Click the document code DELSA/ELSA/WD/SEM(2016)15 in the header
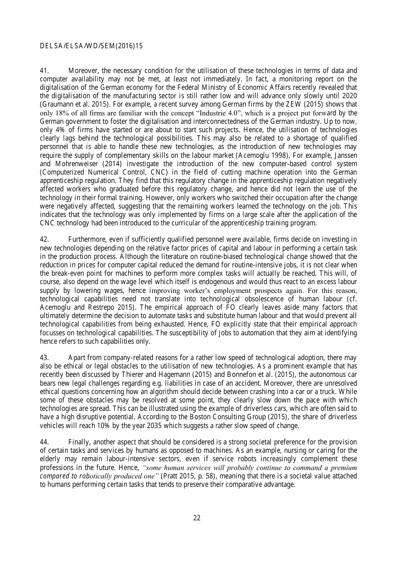click(x=91, y=46)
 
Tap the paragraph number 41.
click(x=45, y=71)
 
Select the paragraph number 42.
click(x=45, y=240)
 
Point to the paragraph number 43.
click(x=45, y=358)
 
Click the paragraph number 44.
click(x=45, y=442)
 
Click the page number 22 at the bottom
click(x=197, y=518)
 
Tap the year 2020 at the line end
click(x=349, y=96)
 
